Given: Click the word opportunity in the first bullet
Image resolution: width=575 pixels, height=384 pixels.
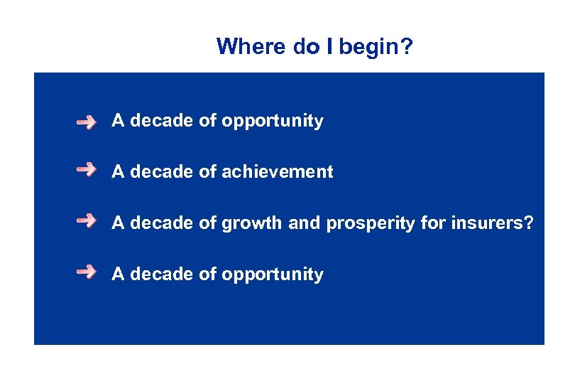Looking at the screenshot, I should click(273, 122).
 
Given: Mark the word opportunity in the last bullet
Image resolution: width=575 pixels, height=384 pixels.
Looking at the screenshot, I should click(273, 274).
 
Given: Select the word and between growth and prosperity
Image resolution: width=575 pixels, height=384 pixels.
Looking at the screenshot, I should click(305, 223).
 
